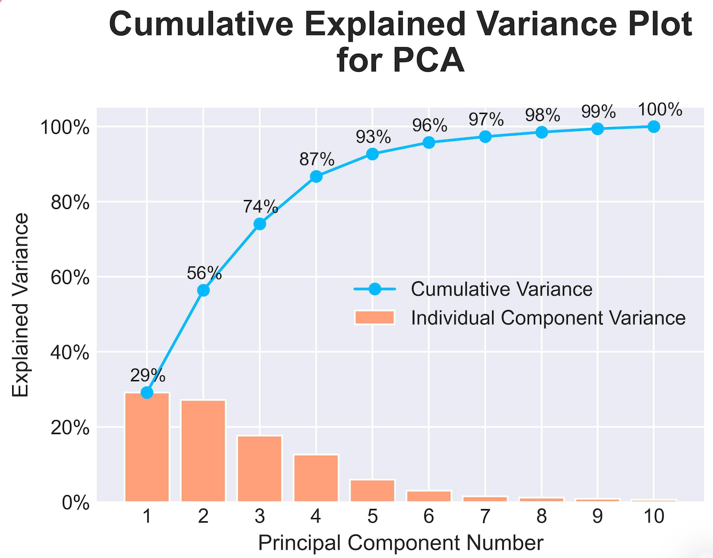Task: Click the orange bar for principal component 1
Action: click(147, 447)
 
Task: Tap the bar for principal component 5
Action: click(372, 490)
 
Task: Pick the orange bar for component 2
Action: click(203, 451)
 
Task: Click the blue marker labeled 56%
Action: click(204, 290)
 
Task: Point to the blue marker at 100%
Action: click(653, 127)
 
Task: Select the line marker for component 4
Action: click(316, 176)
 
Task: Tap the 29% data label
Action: click(148, 376)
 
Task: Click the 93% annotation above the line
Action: click(373, 137)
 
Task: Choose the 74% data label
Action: click(260, 206)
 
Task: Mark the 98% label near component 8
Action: click(542, 115)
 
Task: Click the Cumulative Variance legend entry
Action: click(501, 289)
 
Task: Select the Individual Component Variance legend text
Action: click(548, 318)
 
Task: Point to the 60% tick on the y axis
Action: click(70, 277)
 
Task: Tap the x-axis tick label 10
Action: click(653, 516)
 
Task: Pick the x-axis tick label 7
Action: click(485, 516)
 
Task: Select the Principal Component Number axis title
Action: click(400, 542)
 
